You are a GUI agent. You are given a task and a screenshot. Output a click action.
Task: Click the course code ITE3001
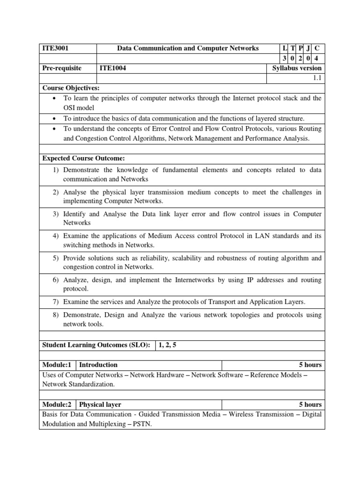tap(56, 48)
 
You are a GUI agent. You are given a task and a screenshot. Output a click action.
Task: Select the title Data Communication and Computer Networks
tap(187, 48)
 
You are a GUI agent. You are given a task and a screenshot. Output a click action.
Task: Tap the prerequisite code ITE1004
tap(113, 68)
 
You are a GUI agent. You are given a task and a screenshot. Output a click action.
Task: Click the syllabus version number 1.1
tap(317, 78)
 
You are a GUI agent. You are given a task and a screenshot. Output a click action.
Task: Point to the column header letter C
tap(317, 48)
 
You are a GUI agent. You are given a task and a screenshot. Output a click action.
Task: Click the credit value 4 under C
tap(317, 58)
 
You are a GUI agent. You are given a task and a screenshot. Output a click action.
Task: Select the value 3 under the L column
tap(285, 58)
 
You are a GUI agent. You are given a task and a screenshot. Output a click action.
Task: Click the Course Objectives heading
tap(71, 88)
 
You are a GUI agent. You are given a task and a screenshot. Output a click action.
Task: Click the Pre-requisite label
tap(62, 68)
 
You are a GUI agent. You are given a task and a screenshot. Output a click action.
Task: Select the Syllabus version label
tap(297, 68)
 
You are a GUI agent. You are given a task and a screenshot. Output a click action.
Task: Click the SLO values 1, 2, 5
tap(168, 345)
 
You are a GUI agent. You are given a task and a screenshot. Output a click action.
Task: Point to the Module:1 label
tap(57, 365)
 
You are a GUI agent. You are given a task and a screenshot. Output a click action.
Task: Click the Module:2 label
tap(57, 405)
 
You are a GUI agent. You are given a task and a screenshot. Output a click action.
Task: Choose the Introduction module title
tap(98, 365)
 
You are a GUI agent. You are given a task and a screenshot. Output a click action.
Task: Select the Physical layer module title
tap(100, 405)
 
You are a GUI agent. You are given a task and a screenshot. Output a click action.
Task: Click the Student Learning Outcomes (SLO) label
tap(96, 345)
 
